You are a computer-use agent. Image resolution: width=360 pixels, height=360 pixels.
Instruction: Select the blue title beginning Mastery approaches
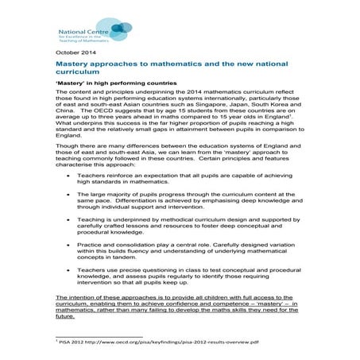[x=159, y=67]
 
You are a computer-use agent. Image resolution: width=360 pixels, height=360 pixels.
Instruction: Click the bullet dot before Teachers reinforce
[x=69, y=195]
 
